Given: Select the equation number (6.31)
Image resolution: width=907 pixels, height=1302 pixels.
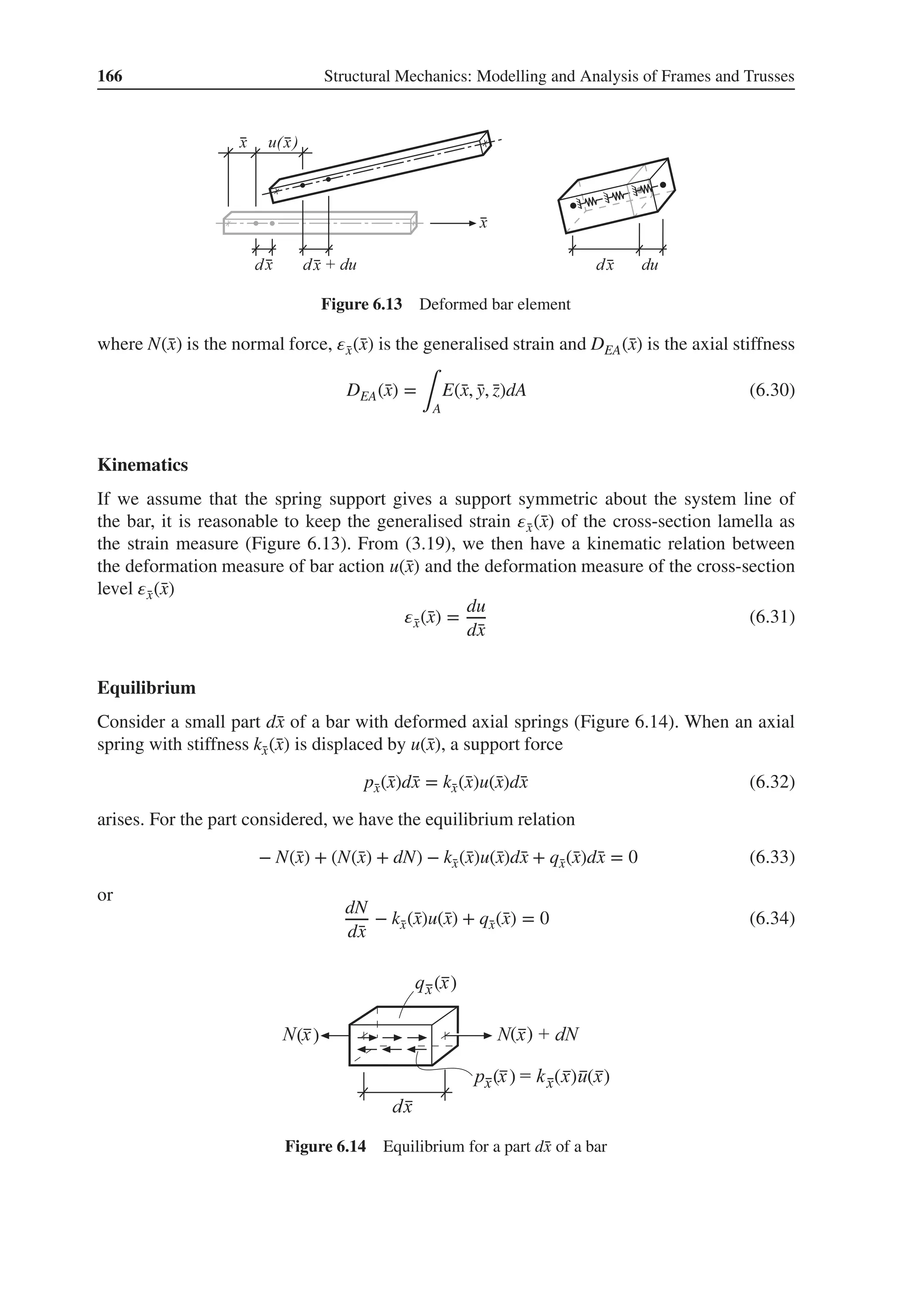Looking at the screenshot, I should coord(771,616).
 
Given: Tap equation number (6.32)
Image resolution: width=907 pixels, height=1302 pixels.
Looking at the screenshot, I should coord(771,783).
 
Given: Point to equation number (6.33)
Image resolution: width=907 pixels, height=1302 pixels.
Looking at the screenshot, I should coord(771,857).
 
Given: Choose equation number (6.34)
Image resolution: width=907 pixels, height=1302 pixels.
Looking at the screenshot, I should coord(771,918).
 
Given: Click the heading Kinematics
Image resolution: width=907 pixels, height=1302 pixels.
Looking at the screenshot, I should coord(142,465).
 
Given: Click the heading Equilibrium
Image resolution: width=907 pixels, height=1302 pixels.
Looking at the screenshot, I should coord(146,688).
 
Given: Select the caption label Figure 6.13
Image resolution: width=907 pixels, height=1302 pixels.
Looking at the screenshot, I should coord(361,305).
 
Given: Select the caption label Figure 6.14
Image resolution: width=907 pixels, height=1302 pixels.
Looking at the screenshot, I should coord(325,1147).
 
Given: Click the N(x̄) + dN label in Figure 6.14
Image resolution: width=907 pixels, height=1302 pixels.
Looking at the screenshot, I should coord(537,1035).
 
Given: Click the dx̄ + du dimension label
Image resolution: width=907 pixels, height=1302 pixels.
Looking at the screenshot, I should coord(329,265).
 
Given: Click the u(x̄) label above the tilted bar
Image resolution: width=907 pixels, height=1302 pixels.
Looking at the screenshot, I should coord(283,143).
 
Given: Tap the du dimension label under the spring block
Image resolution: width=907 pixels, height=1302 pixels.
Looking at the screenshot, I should coord(650,265).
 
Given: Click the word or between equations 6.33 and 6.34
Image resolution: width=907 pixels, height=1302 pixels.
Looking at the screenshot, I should coord(105,895).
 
